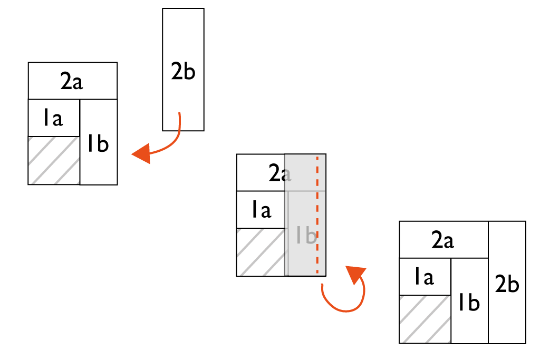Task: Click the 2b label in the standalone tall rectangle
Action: (183, 71)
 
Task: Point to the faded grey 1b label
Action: (305, 235)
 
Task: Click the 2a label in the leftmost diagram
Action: (72, 82)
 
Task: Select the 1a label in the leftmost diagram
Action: (53, 119)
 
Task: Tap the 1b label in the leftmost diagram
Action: (98, 143)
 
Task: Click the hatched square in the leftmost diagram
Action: (54, 160)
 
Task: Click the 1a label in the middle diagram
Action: (261, 210)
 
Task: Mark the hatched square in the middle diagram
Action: (261, 252)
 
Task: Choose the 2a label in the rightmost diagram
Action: (442, 240)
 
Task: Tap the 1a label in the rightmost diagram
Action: (423, 277)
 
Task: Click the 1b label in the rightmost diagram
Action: (469, 303)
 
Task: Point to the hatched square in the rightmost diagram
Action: (425, 319)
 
